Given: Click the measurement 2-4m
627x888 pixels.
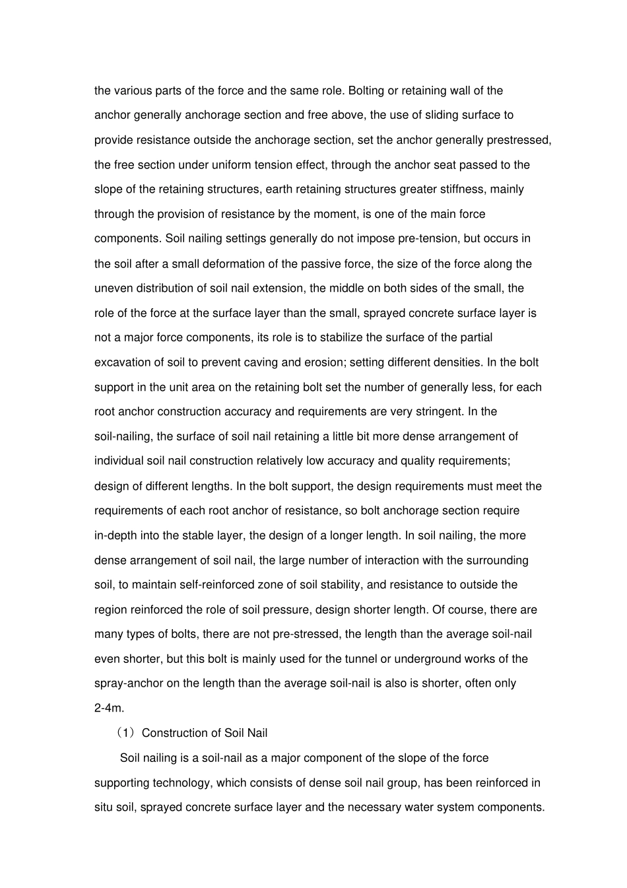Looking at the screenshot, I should coord(110,708).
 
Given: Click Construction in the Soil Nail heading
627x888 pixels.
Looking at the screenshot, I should coord(173,733).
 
